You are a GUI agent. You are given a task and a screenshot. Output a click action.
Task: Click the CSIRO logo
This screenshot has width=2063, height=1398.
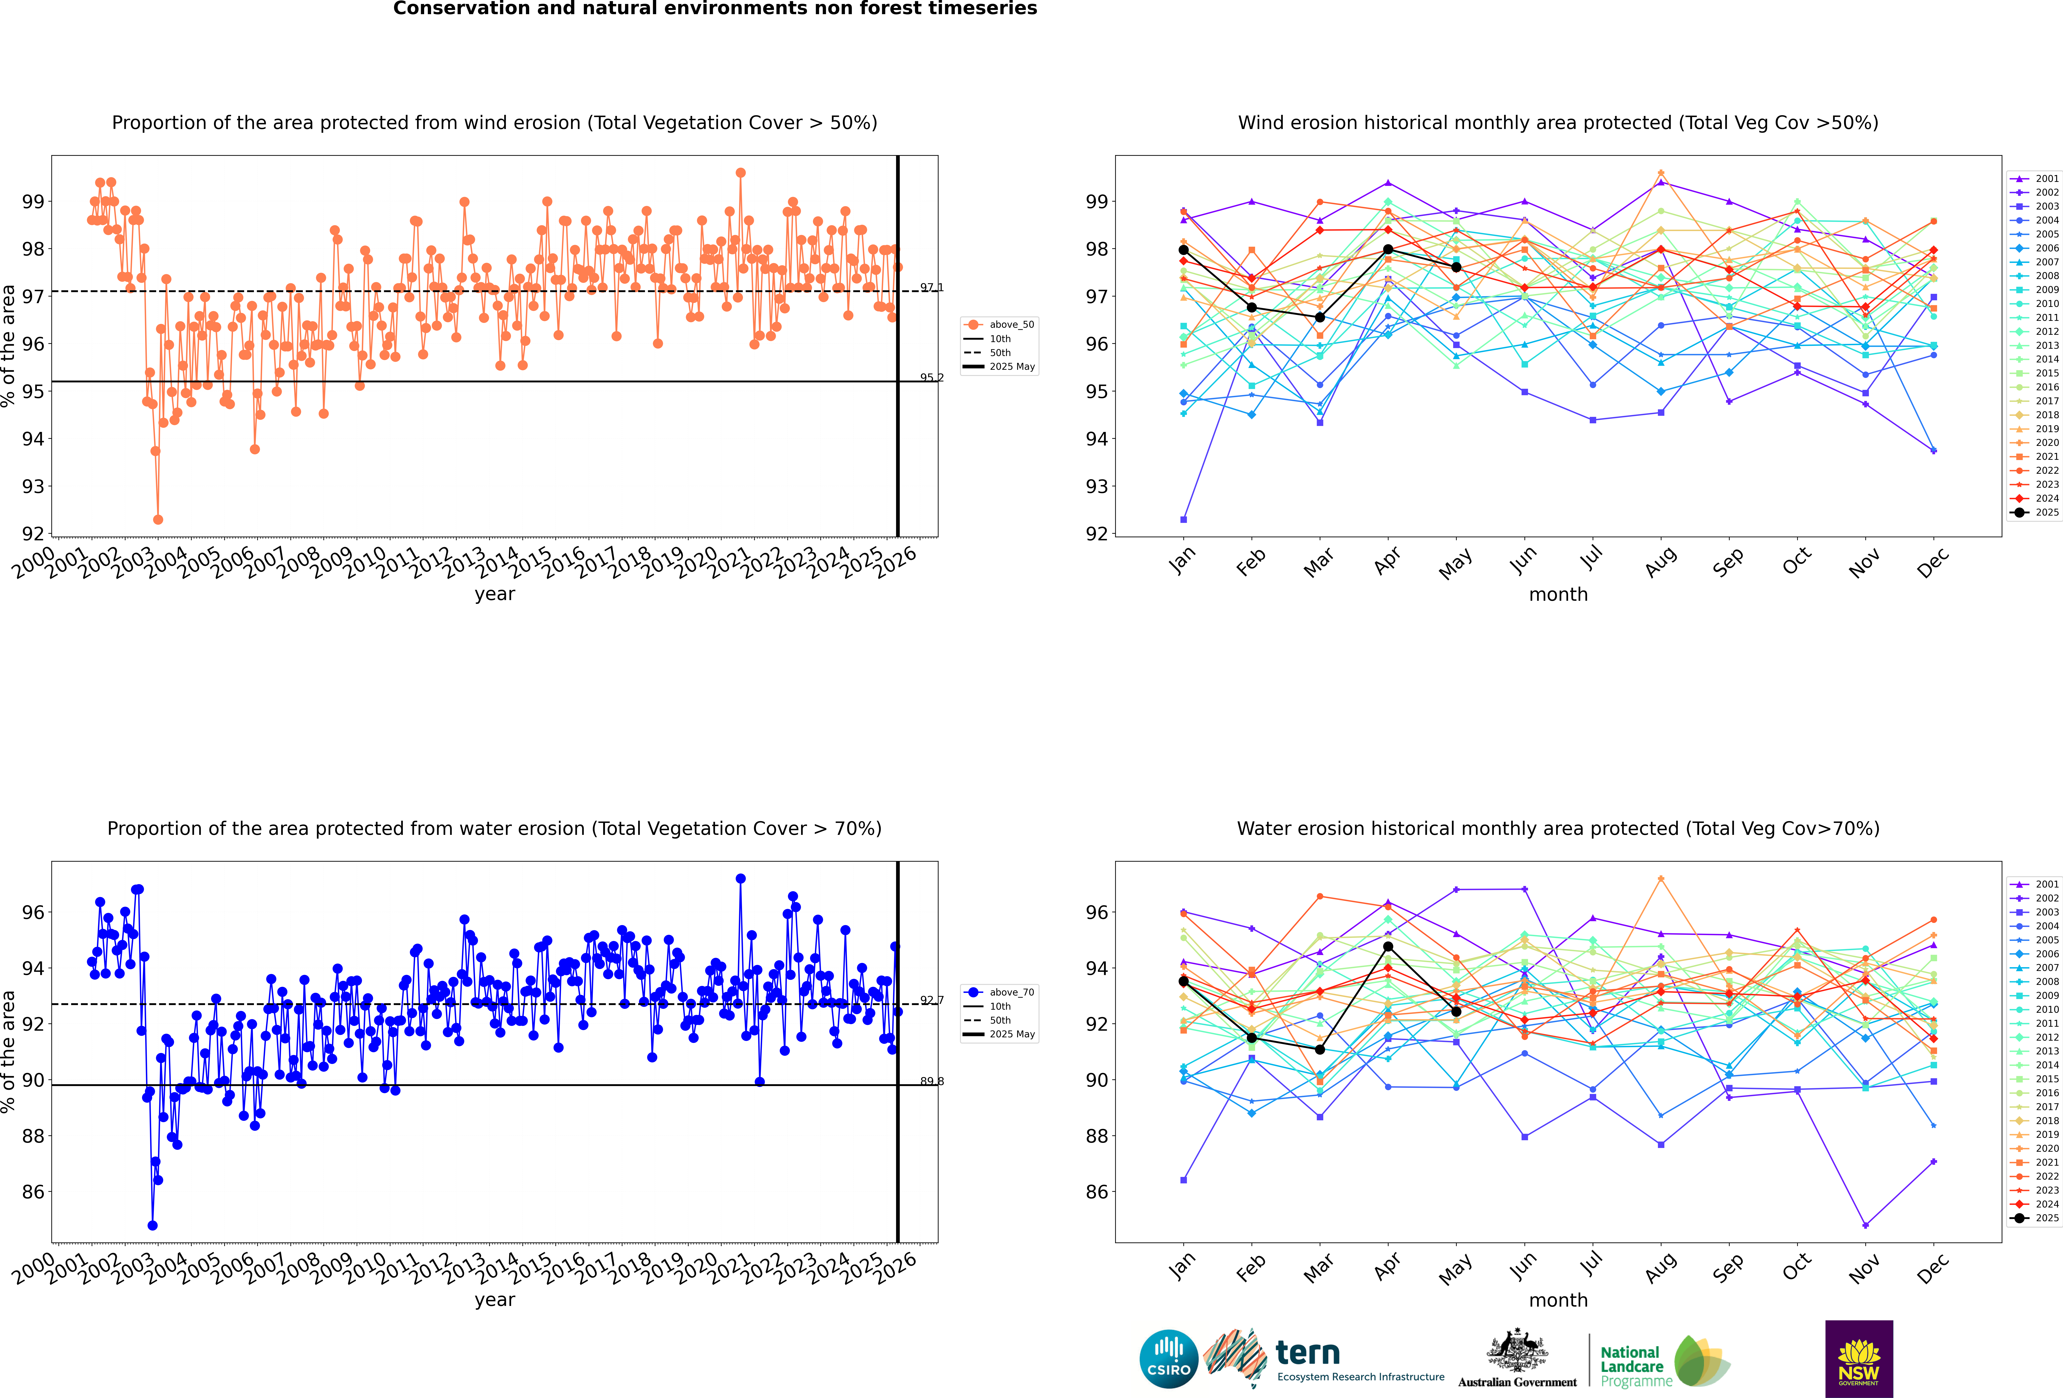click(1168, 1359)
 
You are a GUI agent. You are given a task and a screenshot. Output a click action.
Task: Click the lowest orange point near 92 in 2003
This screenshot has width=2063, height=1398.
click(158, 519)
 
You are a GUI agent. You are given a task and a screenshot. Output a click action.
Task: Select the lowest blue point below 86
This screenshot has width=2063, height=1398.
click(153, 1225)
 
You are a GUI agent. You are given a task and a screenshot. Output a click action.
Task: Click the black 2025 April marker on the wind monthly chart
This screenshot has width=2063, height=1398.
click(1387, 249)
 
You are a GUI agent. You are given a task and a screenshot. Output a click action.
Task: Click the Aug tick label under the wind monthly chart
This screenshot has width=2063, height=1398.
click(1660, 562)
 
